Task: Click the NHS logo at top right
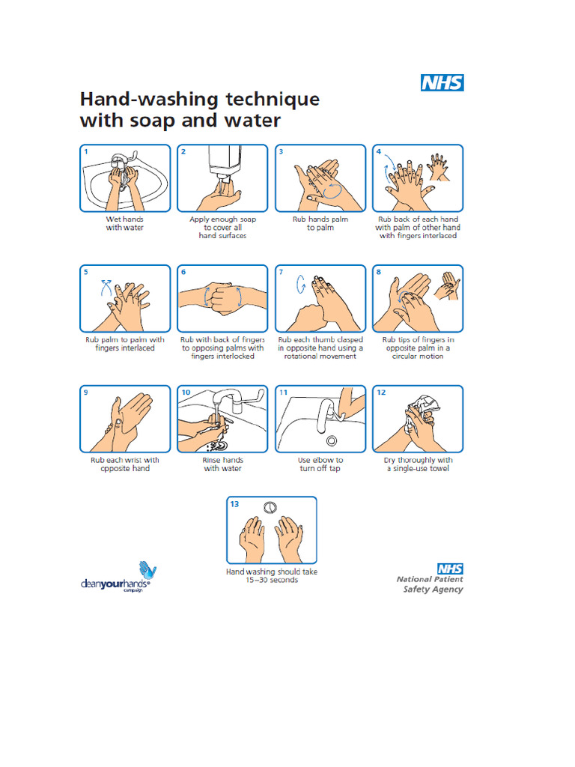point(442,82)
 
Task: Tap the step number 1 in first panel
point(86,151)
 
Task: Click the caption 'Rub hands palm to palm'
point(320,223)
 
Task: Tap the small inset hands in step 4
point(439,166)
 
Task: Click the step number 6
point(183,272)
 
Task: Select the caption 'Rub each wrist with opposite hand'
point(125,464)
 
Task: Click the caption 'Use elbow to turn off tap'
point(320,464)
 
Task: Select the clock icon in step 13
point(271,508)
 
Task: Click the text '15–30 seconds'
point(272,580)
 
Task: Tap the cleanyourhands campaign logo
point(117,578)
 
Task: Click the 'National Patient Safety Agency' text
point(430,583)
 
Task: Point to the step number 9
point(86,392)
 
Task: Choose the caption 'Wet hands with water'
point(124,223)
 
